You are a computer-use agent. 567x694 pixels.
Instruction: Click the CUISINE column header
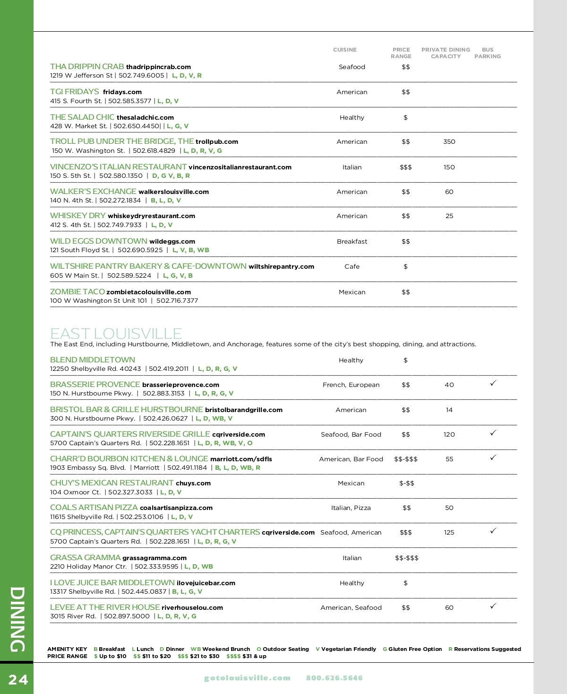coord(345,50)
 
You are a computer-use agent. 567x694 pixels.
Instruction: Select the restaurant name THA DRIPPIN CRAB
coord(87,67)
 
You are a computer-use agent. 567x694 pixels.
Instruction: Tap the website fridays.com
coord(122,92)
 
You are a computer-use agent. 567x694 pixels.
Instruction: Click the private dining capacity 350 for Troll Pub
coord(449,142)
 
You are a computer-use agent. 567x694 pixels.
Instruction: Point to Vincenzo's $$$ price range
coord(405,167)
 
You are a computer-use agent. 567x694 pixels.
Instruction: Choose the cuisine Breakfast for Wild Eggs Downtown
coord(352,242)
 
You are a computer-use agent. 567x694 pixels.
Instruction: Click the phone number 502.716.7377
coord(177,301)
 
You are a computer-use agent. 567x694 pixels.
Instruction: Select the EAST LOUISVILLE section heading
coord(116,334)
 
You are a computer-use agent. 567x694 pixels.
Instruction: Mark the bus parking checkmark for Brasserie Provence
coord(493,383)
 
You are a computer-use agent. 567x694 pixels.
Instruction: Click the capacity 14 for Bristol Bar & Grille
coord(449,410)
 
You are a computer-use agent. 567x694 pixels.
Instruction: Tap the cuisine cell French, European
coord(351,385)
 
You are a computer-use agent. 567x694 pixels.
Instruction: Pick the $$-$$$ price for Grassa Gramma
coord(406,558)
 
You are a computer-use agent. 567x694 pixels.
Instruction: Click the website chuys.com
coord(193,483)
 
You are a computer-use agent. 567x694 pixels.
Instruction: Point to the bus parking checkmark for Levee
coord(493,606)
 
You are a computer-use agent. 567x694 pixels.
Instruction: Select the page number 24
coord(18,680)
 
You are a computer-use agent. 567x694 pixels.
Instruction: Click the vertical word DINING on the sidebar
coord(17,619)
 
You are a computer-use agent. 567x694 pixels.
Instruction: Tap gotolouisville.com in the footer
coord(247,678)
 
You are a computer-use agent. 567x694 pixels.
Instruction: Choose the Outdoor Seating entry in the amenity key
coord(283,649)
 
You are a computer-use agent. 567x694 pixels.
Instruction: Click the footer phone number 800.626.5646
coord(335,678)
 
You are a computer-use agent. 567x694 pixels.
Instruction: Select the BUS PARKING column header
coord(488,53)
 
